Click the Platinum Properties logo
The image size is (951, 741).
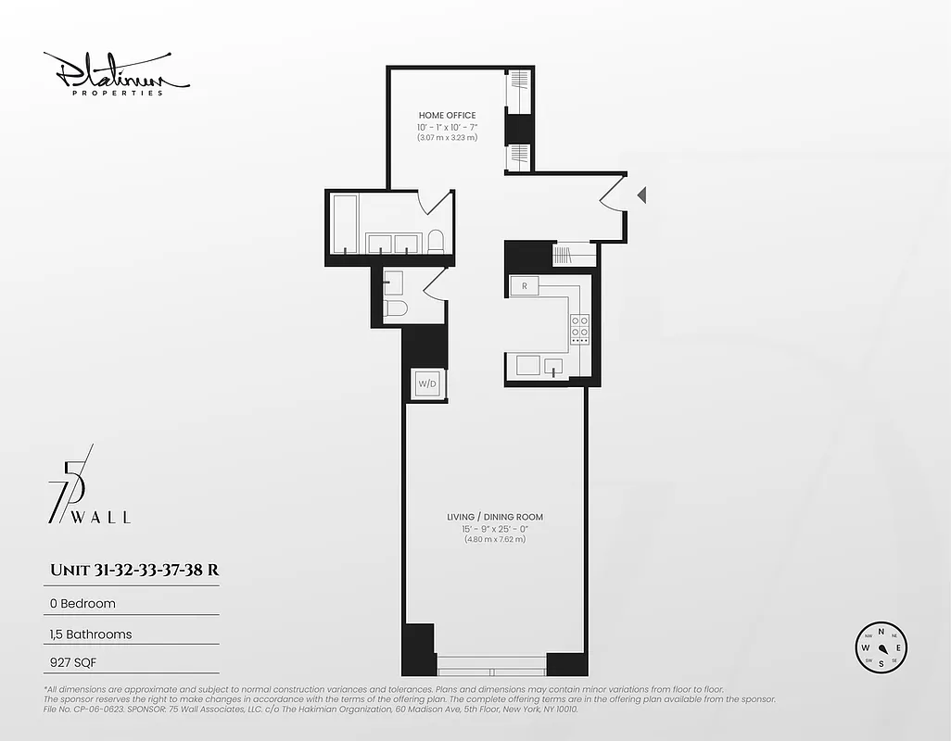point(116,74)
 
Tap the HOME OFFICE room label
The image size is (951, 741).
point(447,116)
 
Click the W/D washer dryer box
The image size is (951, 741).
point(427,383)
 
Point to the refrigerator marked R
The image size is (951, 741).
point(525,286)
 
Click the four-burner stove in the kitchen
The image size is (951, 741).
point(579,329)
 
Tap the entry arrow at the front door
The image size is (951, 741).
point(641,195)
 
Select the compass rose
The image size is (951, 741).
point(881,647)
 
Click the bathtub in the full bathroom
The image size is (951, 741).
point(345,222)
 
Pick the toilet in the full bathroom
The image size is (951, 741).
point(436,242)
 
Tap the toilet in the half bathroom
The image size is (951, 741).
point(393,308)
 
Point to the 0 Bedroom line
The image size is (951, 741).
point(82,603)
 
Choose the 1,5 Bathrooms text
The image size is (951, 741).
point(91,634)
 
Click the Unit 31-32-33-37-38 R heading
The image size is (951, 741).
point(133,570)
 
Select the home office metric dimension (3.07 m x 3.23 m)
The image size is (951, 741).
point(447,138)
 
